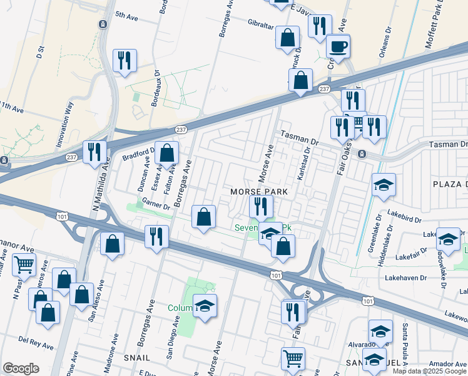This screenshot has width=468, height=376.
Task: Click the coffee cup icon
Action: point(338,46)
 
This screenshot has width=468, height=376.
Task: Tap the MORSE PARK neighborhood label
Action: point(258,191)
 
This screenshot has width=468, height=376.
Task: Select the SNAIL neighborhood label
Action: point(137,357)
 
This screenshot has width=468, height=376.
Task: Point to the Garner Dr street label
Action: point(156,205)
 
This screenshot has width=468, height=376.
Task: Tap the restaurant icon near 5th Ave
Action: point(124,60)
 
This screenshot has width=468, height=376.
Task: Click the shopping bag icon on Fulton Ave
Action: point(167,152)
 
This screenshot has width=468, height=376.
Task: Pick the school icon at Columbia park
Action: point(205,305)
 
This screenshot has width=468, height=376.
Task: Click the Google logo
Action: point(21,368)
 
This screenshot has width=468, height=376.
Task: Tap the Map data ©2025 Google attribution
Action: point(429,371)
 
